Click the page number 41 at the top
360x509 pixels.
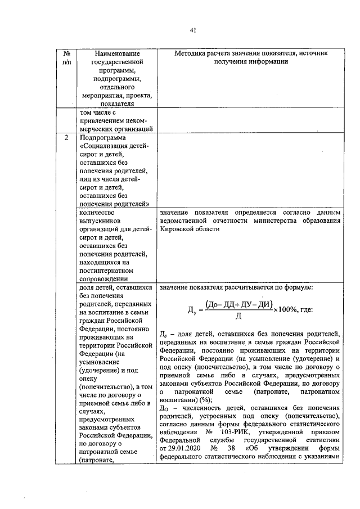tap(193, 30)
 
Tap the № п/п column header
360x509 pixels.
tap(67, 57)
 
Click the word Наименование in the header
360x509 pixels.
tap(114, 52)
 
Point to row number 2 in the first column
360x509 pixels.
tap(67, 137)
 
